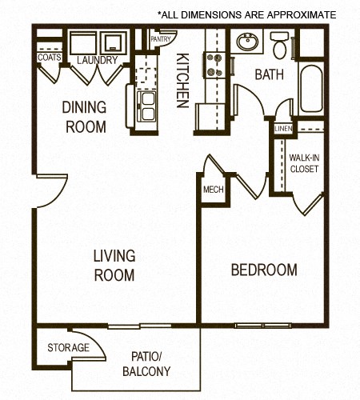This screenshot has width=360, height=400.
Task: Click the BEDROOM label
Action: [263, 270]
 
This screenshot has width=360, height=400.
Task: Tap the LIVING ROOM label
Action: [114, 266]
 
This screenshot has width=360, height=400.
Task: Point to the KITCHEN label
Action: [182, 81]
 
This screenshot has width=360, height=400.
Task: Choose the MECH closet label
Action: [213, 190]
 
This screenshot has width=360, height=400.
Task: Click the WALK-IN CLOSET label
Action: [304, 164]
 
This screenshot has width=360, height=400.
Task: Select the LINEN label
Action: [282, 129]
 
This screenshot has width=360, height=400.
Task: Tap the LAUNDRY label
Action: [98, 60]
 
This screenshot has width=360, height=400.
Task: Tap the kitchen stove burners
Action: [214, 64]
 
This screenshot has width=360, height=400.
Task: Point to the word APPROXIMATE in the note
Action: [298, 14]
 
